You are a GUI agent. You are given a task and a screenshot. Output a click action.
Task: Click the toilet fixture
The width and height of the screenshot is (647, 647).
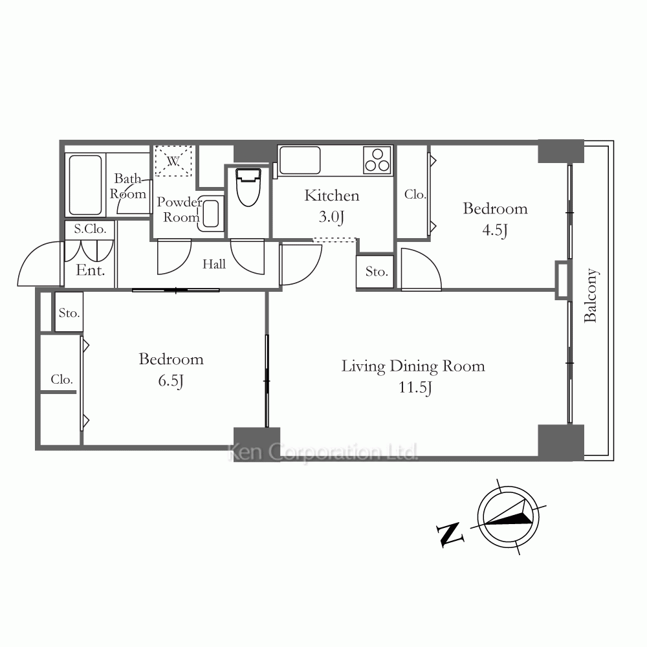pos(248,187)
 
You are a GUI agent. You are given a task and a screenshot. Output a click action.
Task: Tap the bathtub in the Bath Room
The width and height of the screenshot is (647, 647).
pos(85,185)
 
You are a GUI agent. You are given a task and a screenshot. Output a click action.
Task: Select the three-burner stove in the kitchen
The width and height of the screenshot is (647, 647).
pos(378,160)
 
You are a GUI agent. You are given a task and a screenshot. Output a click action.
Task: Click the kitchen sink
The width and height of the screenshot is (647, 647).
pos(300,160)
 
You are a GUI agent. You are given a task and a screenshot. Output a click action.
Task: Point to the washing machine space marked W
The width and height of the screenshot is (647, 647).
pos(173,160)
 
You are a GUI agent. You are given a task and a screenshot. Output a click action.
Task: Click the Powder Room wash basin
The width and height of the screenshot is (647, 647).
pos(211,214)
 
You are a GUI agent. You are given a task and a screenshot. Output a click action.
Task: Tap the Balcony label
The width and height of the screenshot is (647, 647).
pos(591,296)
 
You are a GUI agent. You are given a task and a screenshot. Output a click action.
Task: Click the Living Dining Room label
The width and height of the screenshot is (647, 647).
pos(413,366)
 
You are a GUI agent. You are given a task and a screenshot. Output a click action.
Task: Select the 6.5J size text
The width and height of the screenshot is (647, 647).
pos(171,380)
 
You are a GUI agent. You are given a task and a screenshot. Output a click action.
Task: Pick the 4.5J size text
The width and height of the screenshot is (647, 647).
pos(495,230)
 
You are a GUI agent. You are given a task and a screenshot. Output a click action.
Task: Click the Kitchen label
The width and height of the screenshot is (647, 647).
pos(332,195)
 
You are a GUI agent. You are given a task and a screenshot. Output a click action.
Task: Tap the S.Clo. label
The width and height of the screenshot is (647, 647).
pos(90,229)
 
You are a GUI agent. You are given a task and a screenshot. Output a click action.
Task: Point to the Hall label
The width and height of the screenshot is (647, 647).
pos(214,264)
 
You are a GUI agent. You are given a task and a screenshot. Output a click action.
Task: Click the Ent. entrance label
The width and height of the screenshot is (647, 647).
pos(91,270)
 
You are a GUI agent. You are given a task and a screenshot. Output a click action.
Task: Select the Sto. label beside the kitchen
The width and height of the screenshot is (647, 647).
pos(377,272)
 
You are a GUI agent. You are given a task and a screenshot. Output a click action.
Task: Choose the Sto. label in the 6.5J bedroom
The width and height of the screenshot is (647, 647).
pos(69,313)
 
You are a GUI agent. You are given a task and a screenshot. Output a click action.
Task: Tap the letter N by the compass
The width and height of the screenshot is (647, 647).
pos(450,534)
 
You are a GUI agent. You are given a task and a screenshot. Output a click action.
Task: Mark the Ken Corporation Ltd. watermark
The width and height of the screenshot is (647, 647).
pos(323,452)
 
